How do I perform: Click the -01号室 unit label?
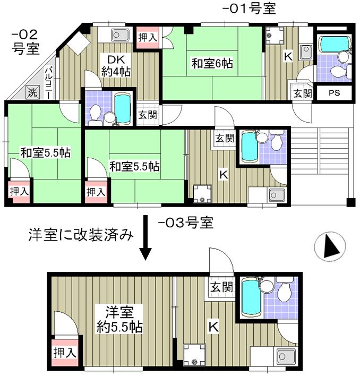click(249, 8)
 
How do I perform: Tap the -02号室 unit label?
click(24, 41)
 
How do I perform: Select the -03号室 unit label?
click(186, 223)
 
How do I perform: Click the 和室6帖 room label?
click(212, 64)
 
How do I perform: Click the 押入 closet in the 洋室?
click(64, 351)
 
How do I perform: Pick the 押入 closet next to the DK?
click(147, 38)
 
